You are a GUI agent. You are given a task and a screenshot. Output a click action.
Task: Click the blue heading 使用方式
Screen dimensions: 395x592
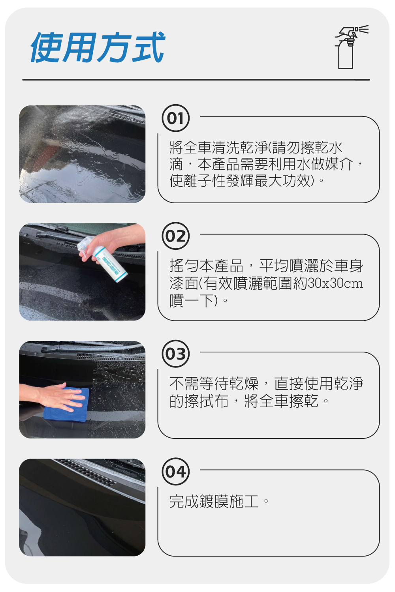point(97,47)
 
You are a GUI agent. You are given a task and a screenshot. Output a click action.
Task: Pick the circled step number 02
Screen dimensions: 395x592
point(175,236)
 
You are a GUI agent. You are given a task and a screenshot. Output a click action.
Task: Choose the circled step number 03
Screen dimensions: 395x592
point(175,354)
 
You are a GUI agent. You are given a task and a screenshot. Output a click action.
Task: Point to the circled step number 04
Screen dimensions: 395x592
point(175,472)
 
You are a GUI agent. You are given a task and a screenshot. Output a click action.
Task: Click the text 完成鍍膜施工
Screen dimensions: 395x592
point(214,501)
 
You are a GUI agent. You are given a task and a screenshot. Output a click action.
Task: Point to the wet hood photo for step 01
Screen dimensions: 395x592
point(82,154)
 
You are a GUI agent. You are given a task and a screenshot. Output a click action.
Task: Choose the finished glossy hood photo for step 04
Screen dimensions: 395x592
point(82,508)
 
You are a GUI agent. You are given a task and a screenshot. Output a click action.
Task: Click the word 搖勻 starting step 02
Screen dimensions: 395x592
point(184,266)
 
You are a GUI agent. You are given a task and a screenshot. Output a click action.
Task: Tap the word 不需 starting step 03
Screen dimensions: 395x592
point(184,384)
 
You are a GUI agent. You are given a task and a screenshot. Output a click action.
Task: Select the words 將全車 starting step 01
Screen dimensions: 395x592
point(191,148)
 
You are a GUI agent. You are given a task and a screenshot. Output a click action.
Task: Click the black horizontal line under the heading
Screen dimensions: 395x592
point(196,80)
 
